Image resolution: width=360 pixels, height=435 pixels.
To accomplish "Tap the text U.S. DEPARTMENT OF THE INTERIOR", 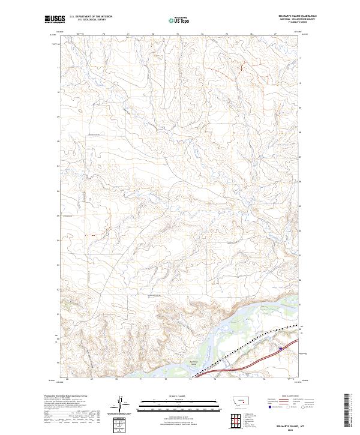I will click(91, 17).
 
